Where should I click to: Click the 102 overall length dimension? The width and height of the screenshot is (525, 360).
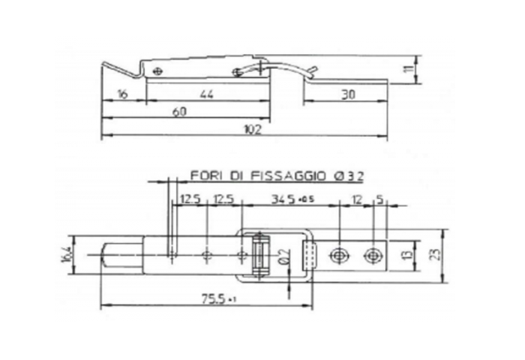click(x=252, y=130)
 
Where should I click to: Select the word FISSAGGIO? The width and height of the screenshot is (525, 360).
click(x=289, y=176)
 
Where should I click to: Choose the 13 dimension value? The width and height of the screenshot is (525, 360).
click(x=406, y=254)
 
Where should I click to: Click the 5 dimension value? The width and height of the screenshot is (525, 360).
click(x=381, y=199)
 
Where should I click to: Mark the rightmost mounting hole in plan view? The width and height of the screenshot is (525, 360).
click(x=372, y=255)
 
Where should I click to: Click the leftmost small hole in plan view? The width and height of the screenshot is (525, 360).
click(x=172, y=255)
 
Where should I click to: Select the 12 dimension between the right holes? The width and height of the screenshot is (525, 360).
click(x=356, y=199)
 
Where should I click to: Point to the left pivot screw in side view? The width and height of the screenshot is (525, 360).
click(x=157, y=70)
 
